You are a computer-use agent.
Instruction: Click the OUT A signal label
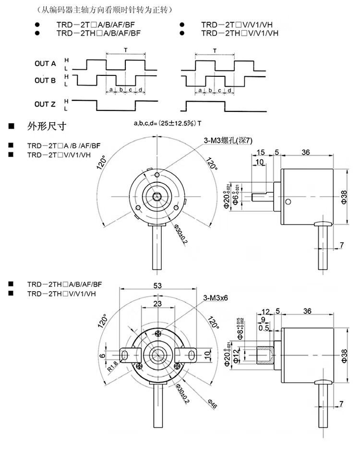(45, 63)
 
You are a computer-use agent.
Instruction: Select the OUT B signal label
(45, 80)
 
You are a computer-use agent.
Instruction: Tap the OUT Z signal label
(45, 104)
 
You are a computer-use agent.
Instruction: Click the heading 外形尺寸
(47, 127)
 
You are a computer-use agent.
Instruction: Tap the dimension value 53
(157, 285)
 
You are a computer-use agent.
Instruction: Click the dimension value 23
(157, 303)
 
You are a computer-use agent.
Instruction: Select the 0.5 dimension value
(264, 328)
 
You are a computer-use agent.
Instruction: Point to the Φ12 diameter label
(236, 356)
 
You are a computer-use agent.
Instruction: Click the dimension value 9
(263, 320)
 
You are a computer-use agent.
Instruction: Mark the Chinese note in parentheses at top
(98, 10)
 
